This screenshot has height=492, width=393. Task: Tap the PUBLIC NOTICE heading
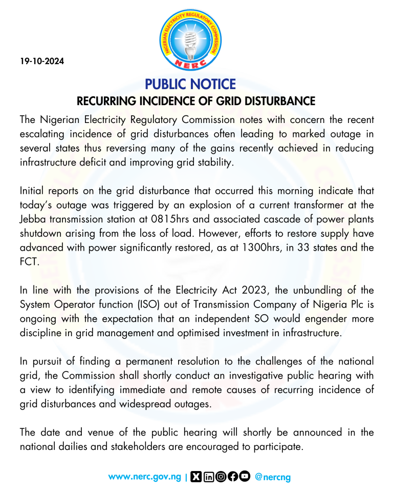click(190, 84)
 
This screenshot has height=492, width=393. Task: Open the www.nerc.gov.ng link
click(145, 477)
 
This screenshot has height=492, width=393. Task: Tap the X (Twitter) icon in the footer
click(195, 477)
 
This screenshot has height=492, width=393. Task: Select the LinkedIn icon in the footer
click(208, 477)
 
